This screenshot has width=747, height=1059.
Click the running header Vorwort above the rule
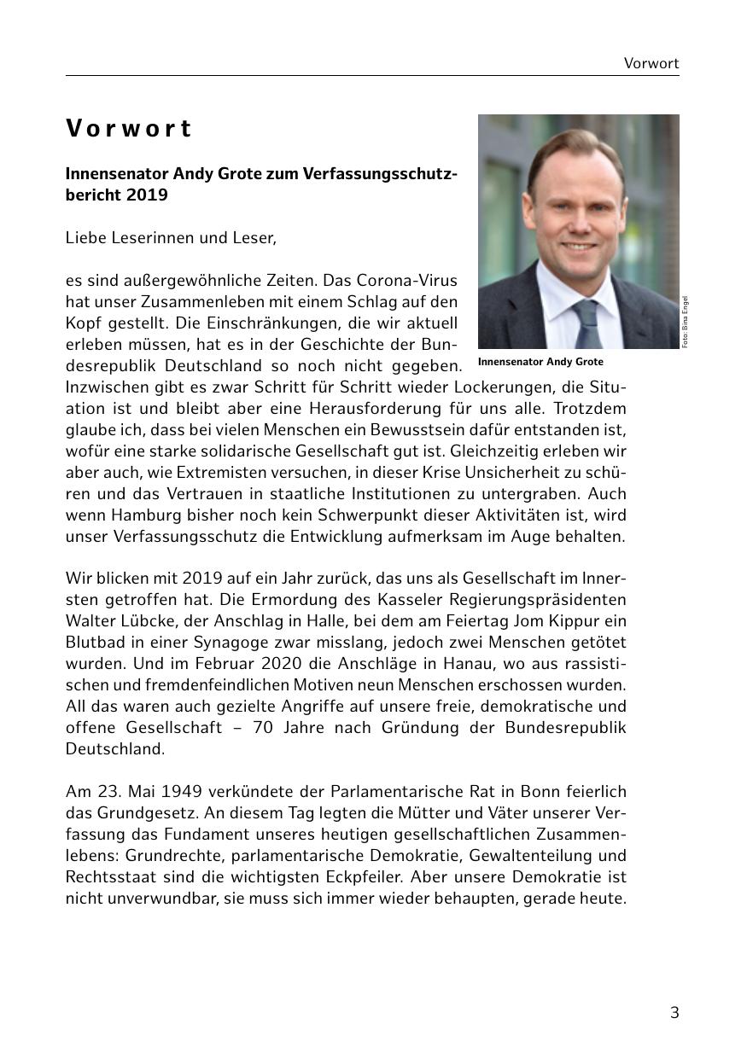(x=651, y=63)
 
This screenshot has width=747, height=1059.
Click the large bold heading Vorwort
(x=129, y=129)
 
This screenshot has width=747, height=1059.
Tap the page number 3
(x=674, y=1013)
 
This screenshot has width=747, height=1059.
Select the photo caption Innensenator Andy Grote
(x=540, y=362)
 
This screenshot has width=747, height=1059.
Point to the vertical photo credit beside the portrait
(x=685, y=322)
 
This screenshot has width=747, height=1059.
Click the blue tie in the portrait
(x=587, y=324)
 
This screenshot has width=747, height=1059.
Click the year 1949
(x=181, y=791)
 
